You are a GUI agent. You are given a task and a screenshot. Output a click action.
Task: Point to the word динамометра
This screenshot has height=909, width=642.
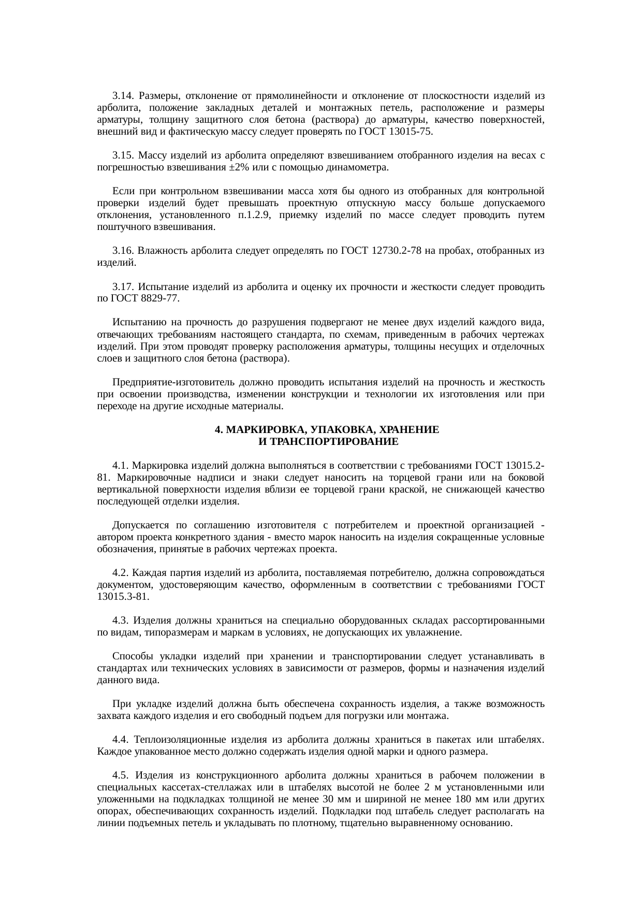[362, 167]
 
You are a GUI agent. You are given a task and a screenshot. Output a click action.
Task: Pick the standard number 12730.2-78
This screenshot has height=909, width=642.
[396, 251]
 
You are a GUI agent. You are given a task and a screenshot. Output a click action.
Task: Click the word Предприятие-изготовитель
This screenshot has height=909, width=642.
[173, 382]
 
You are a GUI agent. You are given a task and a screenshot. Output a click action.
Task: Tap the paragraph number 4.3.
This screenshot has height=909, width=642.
[121, 621]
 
